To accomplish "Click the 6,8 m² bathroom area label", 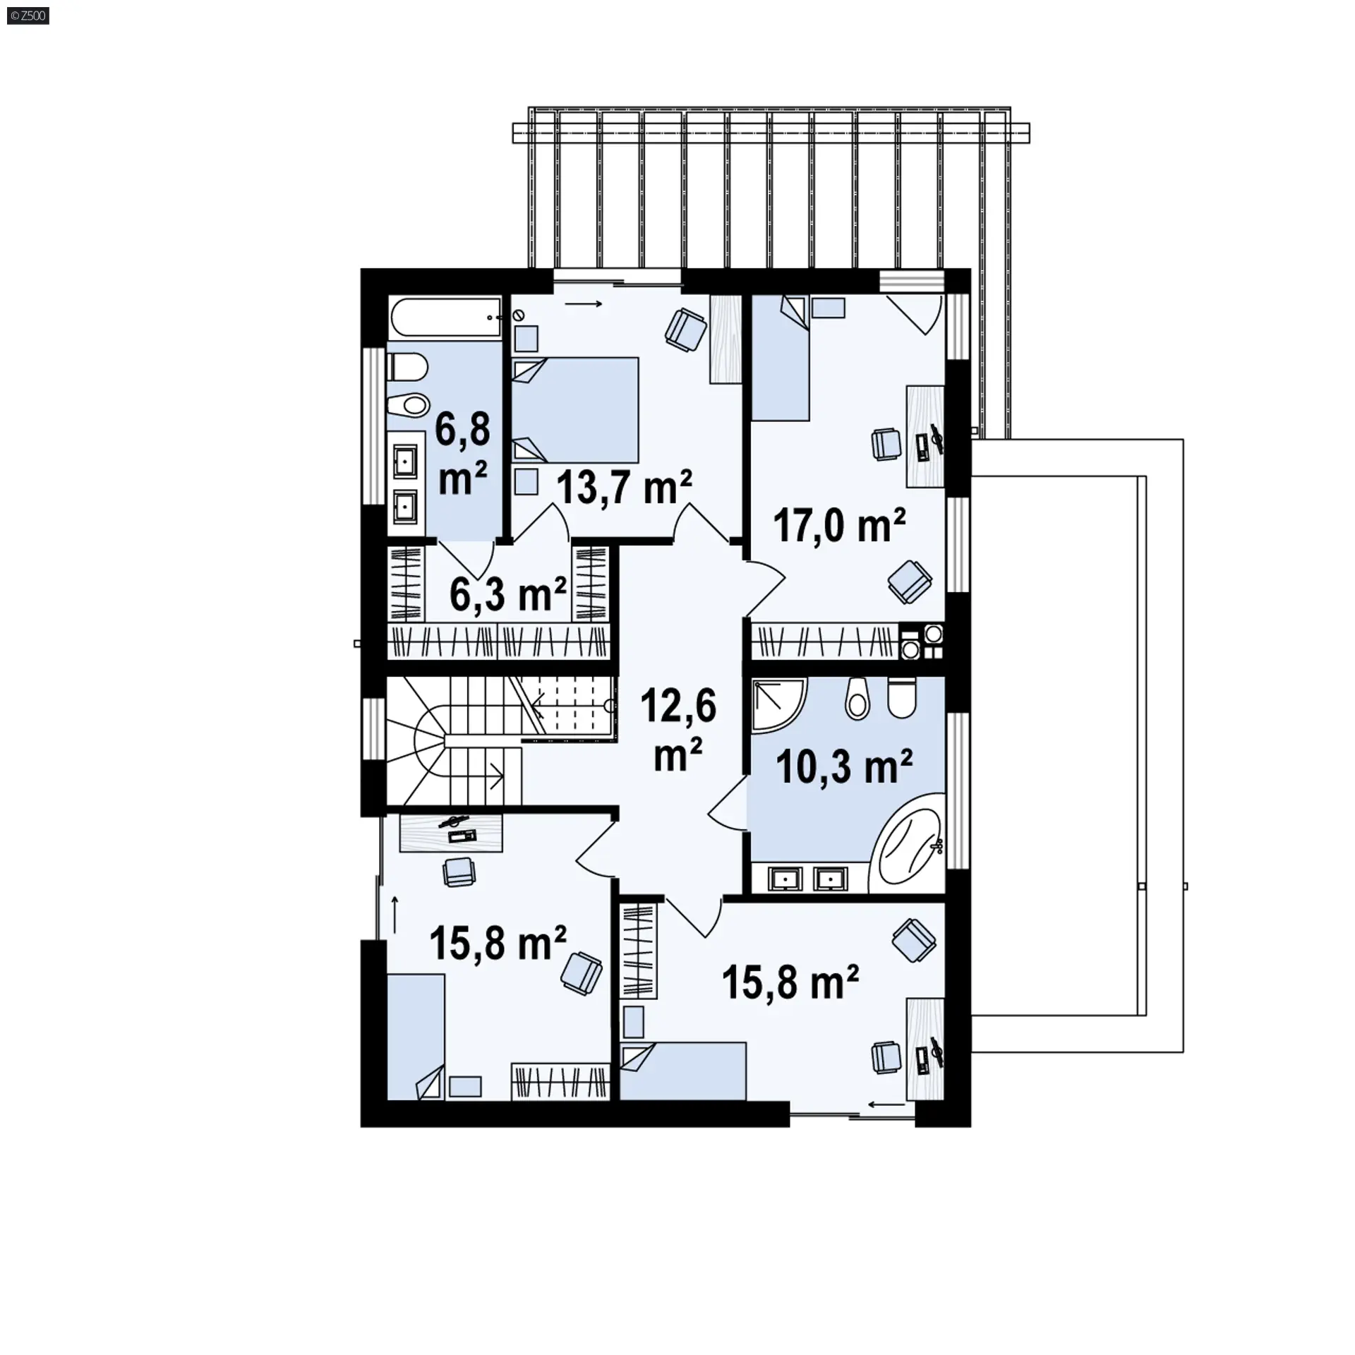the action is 462,454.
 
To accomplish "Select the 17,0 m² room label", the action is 839,525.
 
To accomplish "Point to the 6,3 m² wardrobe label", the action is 508,595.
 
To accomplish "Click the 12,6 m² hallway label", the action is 678,731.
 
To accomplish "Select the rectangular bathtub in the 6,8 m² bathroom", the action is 444,316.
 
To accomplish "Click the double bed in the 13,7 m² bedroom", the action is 575,411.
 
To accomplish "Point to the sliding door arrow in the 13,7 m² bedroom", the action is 583,304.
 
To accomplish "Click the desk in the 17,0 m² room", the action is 925,436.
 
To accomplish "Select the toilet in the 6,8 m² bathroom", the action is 407,367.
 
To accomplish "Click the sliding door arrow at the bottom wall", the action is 886,1104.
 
